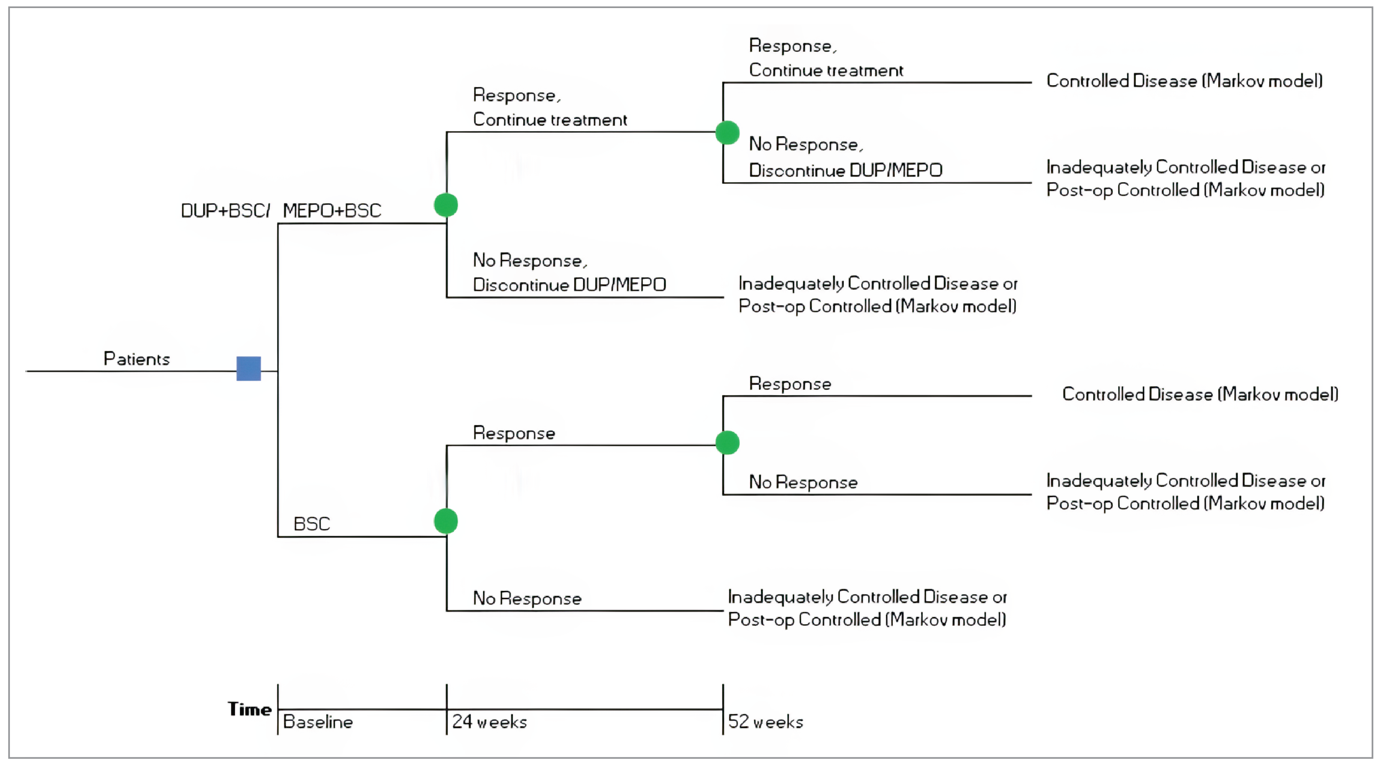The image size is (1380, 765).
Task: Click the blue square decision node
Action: (248, 369)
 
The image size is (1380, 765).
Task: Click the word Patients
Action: (136, 359)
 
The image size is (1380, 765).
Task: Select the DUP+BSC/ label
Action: (225, 211)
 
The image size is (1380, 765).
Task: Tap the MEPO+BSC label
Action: (332, 211)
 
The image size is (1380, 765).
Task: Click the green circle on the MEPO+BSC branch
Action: (446, 205)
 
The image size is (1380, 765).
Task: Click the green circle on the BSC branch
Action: (446, 521)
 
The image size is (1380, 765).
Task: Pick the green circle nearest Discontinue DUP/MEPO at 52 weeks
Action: (727, 132)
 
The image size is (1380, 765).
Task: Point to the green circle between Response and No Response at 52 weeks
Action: (727, 443)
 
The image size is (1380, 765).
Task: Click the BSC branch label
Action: (312, 524)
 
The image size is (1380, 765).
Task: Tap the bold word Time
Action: (250, 709)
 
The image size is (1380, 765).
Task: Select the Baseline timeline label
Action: (318, 722)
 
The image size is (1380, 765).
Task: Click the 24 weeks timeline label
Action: (489, 722)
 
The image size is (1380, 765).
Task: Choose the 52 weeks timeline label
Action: (766, 722)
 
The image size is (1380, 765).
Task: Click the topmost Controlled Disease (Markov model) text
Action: (1184, 81)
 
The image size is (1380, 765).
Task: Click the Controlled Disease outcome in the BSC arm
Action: (1200, 394)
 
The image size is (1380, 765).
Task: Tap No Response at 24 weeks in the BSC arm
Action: (527, 598)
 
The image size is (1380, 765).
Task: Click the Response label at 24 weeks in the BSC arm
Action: (514, 433)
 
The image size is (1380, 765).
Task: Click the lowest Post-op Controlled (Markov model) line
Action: (867, 620)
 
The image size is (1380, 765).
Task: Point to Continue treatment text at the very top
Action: (826, 70)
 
